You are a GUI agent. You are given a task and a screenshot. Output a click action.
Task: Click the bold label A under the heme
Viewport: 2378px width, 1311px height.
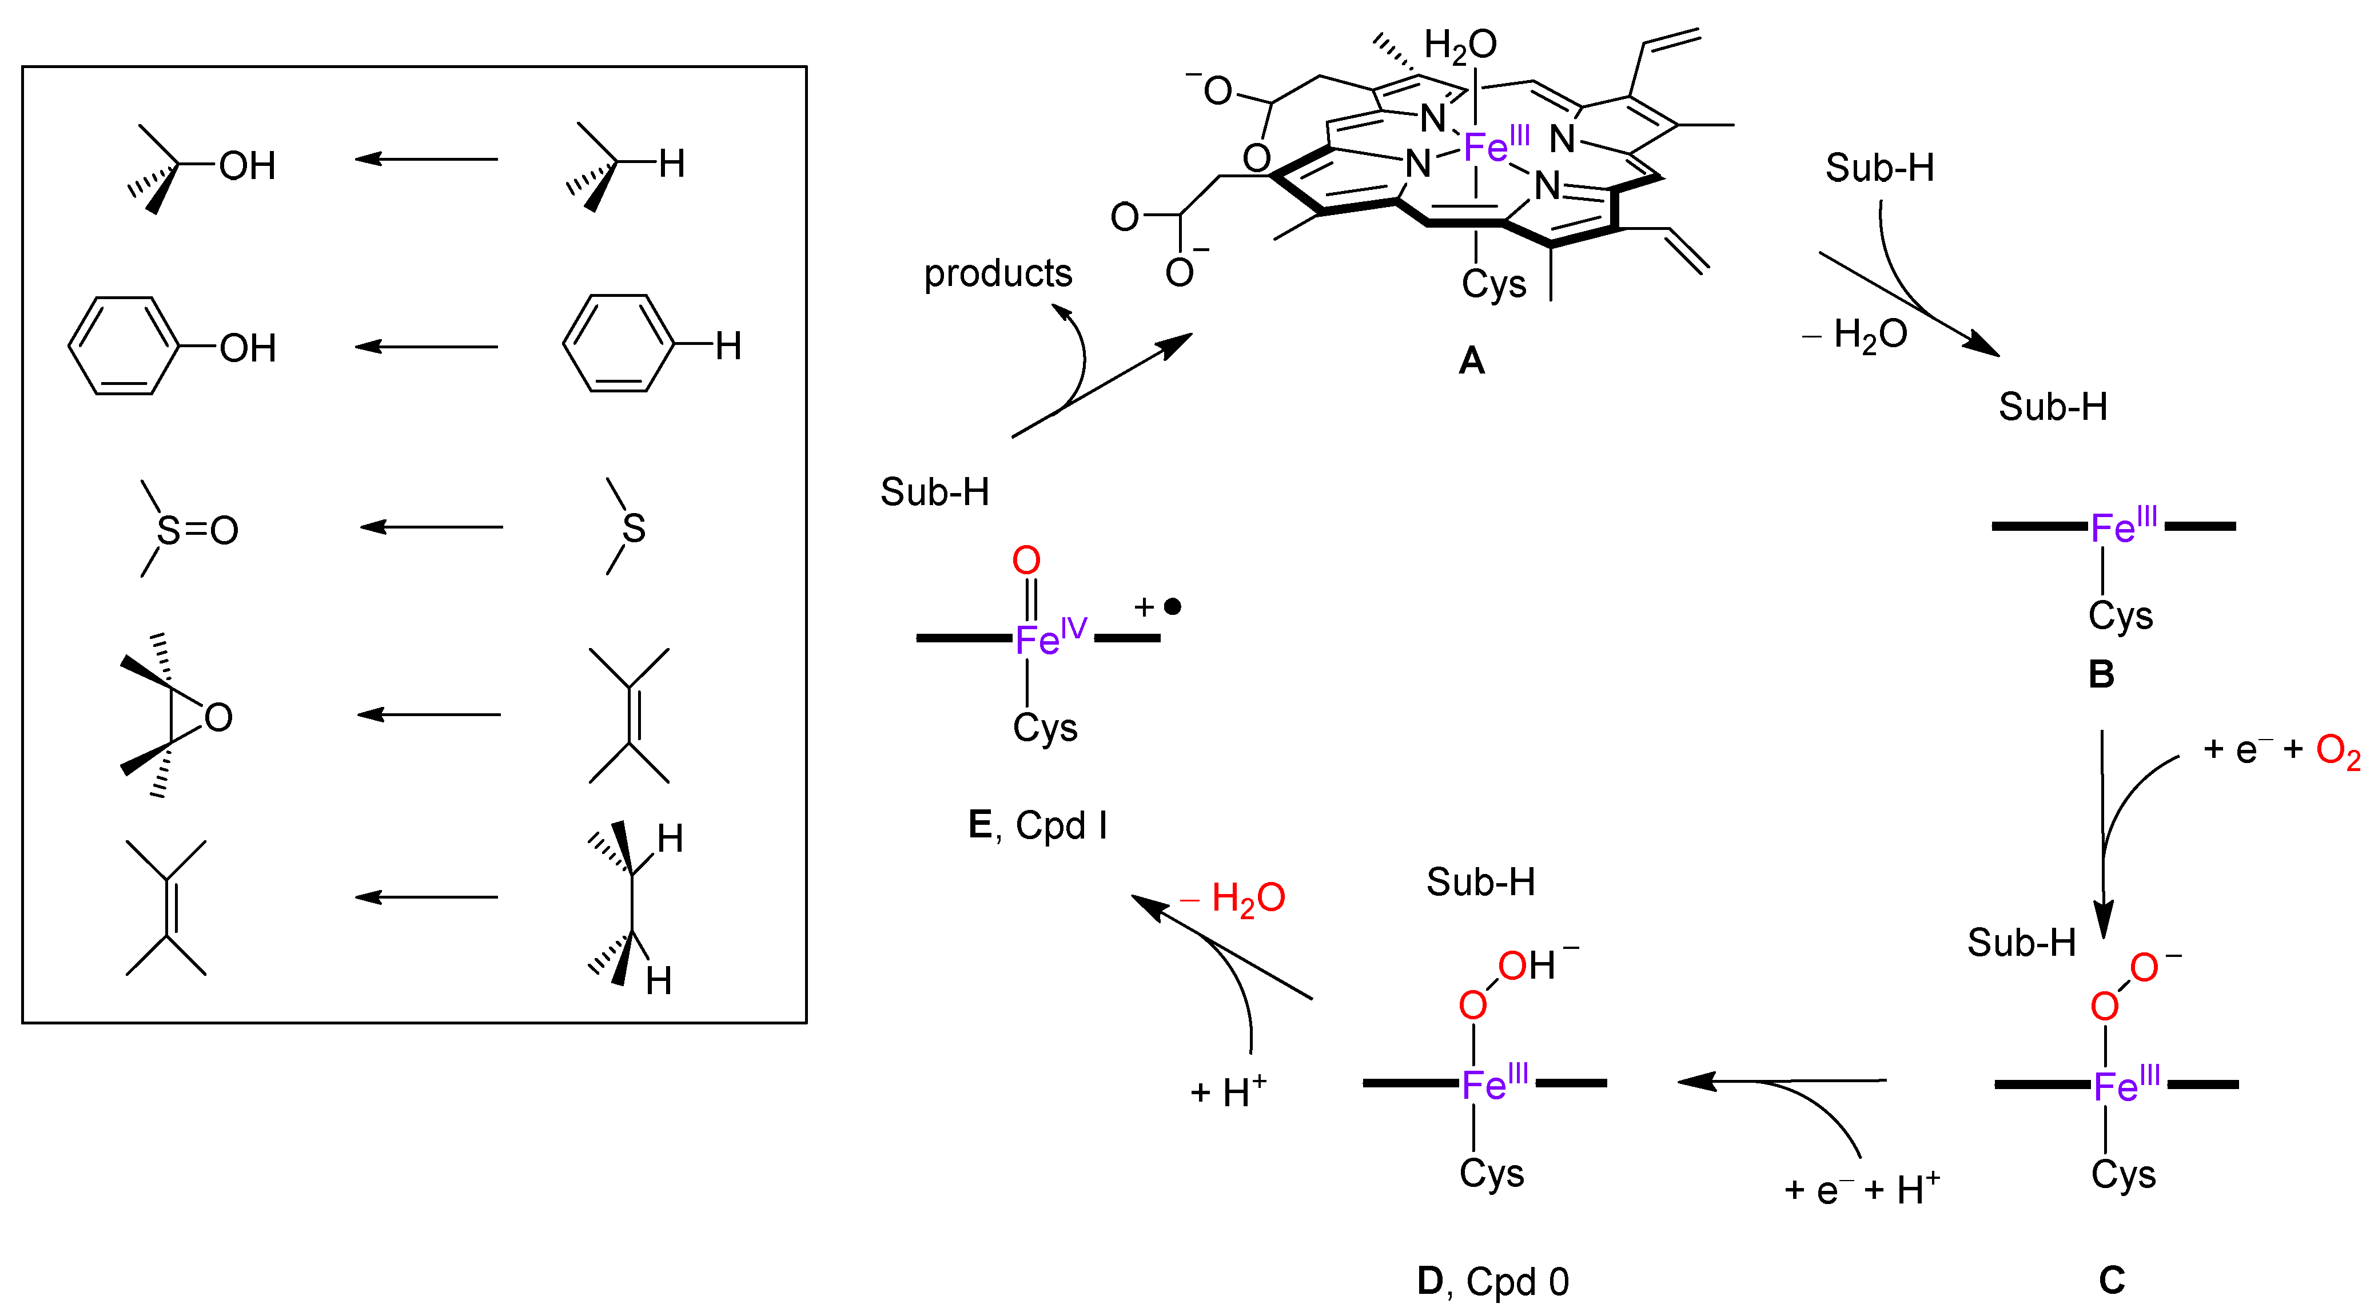click(x=1472, y=360)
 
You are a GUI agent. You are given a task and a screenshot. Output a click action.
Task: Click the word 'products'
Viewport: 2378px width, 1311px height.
click(x=998, y=273)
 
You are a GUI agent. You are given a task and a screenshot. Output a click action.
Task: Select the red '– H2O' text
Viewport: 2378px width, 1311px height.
click(x=1233, y=897)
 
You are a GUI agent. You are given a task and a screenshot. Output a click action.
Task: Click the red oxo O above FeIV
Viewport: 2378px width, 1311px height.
click(x=1026, y=559)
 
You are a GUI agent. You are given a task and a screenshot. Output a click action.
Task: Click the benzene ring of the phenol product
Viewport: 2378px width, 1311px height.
click(x=123, y=346)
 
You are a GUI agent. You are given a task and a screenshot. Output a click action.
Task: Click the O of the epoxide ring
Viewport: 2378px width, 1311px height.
click(x=218, y=717)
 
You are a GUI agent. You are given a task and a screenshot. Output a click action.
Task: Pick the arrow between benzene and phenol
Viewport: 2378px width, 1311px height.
click(x=427, y=346)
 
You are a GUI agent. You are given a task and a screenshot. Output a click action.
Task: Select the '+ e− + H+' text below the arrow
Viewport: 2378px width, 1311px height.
click(x=1861, y=1189)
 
